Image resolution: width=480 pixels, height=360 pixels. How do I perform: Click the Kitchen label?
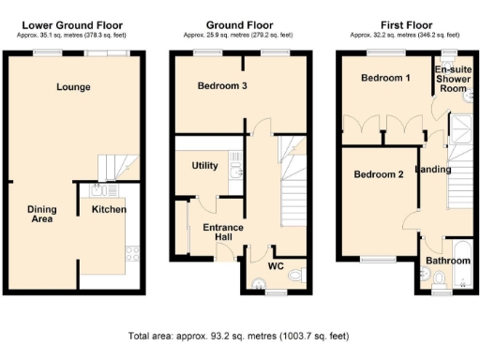click(x=109, y=210)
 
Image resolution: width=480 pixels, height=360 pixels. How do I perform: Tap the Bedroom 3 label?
click(x=222, y=86)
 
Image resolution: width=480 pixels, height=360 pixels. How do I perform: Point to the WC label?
click(x=276, y=265)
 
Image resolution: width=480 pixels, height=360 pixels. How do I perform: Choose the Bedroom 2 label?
click(x=378, y=174)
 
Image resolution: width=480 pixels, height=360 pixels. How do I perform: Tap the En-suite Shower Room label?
click(x=452, y=79)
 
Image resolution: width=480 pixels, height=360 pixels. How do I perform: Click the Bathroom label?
click(x=447, y=260)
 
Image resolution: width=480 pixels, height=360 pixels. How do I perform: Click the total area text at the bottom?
click(x=239, y=335)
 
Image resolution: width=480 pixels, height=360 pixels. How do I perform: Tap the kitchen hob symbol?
click(x=131, y=253)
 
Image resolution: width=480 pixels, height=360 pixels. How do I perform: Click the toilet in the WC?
click(x=296, y=275)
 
